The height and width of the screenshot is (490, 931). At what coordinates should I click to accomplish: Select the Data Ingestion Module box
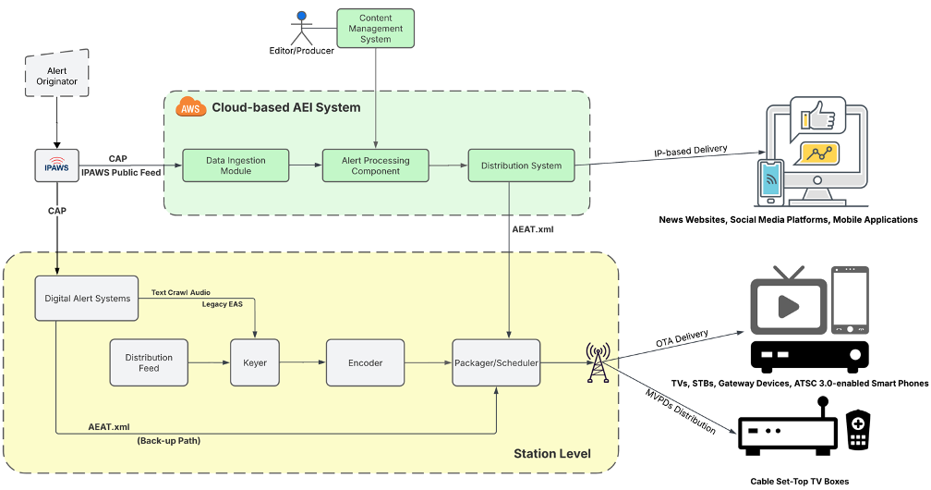pos(236,165)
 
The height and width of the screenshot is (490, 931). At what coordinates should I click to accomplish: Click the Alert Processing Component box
pos(376,165)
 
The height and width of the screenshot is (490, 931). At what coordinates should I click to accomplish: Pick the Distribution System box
pos(521,165)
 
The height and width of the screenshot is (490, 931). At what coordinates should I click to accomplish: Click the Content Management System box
pos(376,28)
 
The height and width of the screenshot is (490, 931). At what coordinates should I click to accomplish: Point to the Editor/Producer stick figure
pos(299,27)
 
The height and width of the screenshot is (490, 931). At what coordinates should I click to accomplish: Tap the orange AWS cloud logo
pos(190,107)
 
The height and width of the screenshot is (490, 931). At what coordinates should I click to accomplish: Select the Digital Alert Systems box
pos(87,298)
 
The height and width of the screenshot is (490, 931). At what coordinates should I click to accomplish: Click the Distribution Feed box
pos(149,362)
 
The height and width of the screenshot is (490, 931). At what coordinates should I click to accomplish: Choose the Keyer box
pos(255,362)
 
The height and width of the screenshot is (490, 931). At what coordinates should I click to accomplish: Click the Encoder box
pos(365,362)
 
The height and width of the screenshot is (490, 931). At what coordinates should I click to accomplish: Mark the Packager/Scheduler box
pos(495,362)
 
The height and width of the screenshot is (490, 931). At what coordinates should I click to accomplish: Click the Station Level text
pos(551,453)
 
